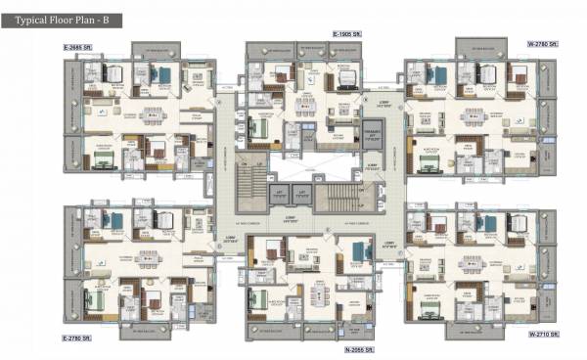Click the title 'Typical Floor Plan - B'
coord(61,18)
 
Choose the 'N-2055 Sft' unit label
coord(360,348)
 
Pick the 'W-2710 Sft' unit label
coord(542,335)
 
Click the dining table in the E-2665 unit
coord(153,114)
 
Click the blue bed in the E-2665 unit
coord(162,74)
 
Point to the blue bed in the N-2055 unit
coord(356,257)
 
